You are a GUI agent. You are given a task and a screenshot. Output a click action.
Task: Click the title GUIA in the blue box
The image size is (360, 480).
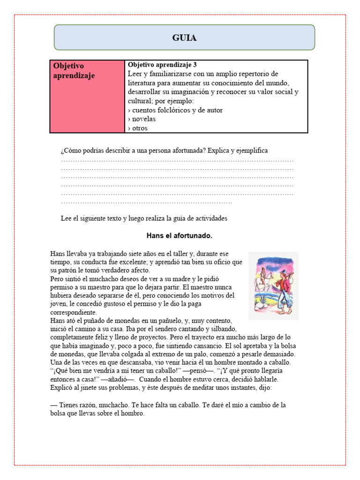pos(184,38)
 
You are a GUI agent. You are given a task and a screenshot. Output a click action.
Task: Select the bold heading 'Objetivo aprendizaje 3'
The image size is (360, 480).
pos(159,65)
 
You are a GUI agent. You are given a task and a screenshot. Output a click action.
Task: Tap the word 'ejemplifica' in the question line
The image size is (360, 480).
pos(251,150)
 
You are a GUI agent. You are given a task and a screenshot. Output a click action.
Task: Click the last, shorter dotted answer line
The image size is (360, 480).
pos(146,202)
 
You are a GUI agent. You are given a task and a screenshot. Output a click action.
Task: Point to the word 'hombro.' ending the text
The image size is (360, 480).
pos(133,414)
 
